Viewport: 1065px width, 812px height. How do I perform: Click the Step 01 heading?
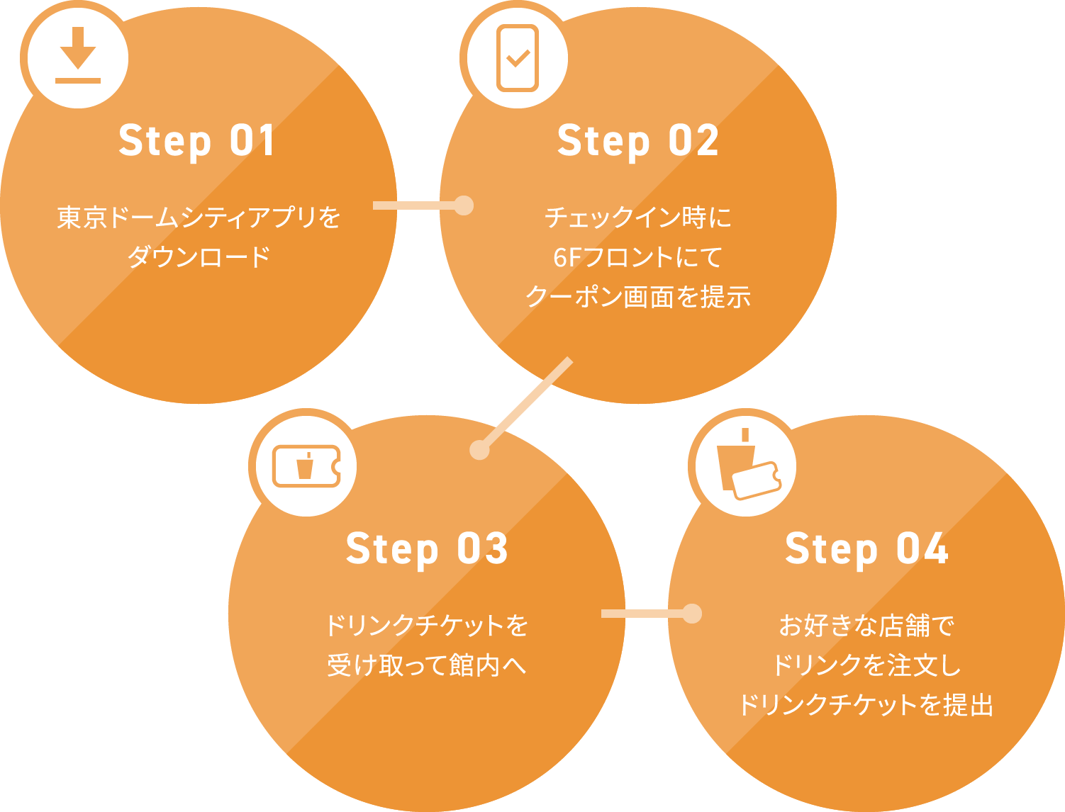point(196,140)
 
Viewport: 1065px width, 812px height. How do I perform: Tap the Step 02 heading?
point(637,140)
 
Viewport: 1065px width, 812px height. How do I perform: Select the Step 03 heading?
point(427,548)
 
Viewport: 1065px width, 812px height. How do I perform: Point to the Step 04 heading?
point(866,548)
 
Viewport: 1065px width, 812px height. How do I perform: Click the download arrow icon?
point(78,56)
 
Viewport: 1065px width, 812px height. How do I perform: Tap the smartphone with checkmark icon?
point(518,57)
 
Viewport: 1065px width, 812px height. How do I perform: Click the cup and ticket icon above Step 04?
point(747,466)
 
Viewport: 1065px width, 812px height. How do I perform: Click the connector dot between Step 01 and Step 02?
point(464,205)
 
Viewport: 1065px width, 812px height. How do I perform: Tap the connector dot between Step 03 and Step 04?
point(692,613)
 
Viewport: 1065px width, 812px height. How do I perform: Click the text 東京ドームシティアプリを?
point(199,218)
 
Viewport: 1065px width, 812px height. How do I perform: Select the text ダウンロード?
point(199,256)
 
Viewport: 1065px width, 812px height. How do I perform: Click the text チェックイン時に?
point(637,218)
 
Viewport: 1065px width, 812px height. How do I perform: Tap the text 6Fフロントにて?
point(637,256)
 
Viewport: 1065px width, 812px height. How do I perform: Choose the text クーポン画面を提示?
point(637,296)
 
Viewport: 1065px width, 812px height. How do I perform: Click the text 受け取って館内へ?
point(427,665)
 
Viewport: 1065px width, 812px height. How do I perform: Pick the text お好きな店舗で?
point(866,626)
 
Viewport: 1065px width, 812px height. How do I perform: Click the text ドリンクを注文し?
point(866,665)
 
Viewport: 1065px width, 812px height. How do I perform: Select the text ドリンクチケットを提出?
point(866,705)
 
